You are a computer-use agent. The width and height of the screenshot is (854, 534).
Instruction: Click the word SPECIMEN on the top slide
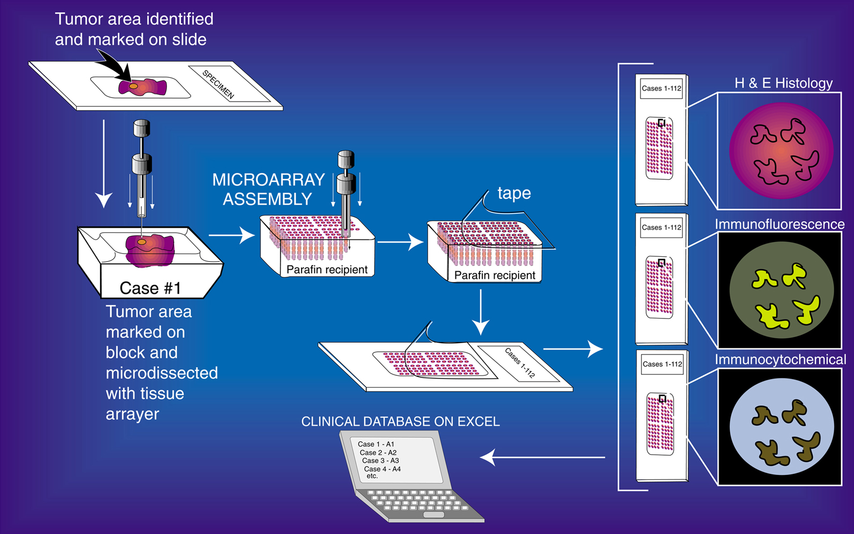pyautogui.click(x=218, y=85)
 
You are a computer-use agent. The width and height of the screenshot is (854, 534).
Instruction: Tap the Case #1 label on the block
pyautogui.click(x=150, y=288)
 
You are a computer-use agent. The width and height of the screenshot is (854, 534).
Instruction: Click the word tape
pyautogui.click(x=514, y=193)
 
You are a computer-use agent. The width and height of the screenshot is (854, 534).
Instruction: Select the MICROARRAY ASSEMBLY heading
pyautogui.click(x=268, y=189)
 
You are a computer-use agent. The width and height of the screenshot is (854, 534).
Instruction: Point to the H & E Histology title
pyautogui.click(x=783, y=83)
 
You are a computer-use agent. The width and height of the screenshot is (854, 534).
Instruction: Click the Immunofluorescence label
pyautogui.click(x=779, y=224)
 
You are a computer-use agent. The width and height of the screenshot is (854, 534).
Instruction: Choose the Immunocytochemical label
pyautogui.click(x=780, y=359)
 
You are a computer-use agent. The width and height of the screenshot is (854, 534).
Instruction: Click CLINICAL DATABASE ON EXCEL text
pyautogui.click(x=400, y=421)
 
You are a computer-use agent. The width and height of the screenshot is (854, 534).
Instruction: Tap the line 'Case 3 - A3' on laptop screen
pyautogui.click(x=380, y=461)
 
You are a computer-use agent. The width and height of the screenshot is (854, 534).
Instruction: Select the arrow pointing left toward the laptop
pyautogui.click(x=542, y=457)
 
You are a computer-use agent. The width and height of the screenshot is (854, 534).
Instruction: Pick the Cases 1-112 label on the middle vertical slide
pyautogui.click(x=661, y=227)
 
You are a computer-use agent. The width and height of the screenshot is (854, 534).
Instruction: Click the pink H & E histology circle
pyautogui.click(x=781, y=151)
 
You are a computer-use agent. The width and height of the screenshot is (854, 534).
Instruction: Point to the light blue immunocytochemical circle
pyautogui.click(x=781, y=427)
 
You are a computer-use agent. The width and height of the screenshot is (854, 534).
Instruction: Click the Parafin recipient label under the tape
pyautogui.click(x=495, y=275)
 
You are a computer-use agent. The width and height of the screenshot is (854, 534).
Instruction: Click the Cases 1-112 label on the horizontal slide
pyautogui.click(x=519, y=363)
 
